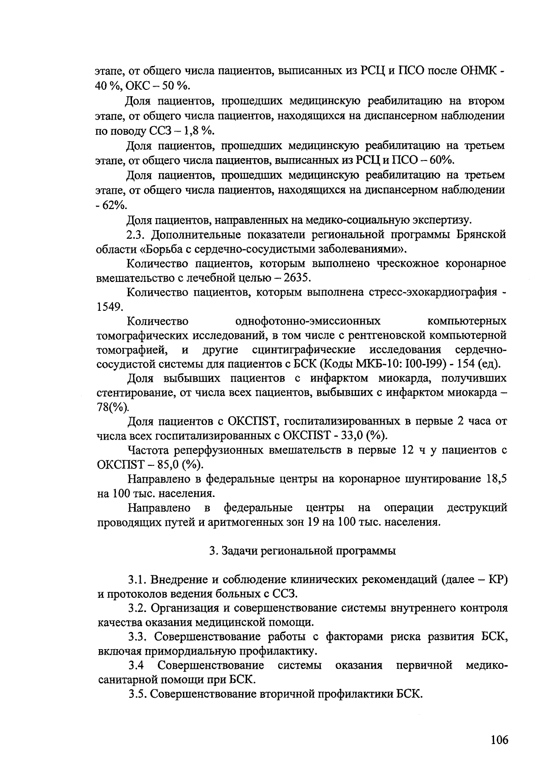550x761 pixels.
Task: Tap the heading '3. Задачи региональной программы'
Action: pyautogui.click(x=302, y=551)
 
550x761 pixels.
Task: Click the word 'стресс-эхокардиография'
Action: pyautogui.click(x=433, y=292)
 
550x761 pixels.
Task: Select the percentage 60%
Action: pyautogui.click(x=440, y=160)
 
